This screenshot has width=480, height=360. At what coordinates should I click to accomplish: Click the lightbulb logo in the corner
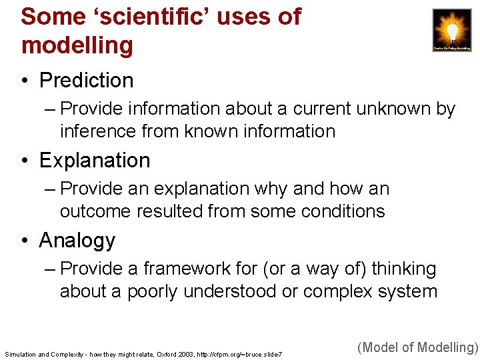[452, 30]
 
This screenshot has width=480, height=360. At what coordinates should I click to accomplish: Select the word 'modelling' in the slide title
[77, 45]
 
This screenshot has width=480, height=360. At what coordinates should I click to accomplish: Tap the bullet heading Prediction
[87, 81]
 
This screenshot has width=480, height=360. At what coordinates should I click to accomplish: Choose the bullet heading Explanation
[95, 161]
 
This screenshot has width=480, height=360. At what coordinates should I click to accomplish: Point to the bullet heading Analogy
[77, 241]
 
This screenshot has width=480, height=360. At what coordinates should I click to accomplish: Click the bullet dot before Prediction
[25, 81]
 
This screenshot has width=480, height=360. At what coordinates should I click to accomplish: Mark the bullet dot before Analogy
[25, 241]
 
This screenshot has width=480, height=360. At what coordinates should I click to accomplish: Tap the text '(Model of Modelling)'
[418, 347]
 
